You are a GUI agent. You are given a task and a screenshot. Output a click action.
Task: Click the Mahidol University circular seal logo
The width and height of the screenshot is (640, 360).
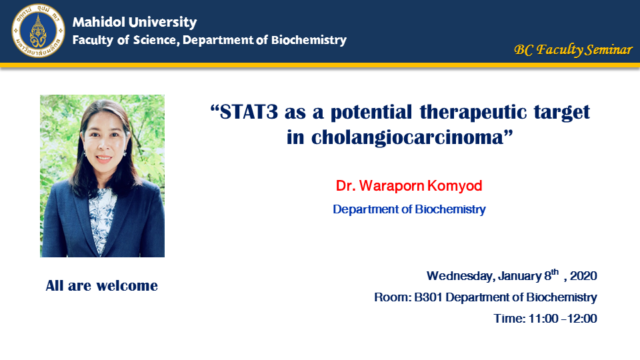38,31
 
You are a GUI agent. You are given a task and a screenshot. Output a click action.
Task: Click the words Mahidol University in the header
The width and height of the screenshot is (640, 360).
135,22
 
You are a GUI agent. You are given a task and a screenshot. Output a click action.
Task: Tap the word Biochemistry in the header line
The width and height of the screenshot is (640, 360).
309,40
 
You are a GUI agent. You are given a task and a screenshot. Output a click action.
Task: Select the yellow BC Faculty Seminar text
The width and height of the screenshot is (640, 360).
573,50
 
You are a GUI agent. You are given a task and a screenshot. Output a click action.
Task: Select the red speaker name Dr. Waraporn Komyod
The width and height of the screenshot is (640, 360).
409,186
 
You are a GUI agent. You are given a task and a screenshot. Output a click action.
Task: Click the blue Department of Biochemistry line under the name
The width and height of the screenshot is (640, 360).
409,209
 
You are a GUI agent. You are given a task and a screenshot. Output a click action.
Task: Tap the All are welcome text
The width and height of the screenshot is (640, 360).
101,286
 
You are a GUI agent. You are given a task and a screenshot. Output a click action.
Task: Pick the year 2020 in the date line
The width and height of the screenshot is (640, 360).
584,276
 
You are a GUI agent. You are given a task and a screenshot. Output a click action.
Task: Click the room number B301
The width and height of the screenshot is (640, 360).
429,297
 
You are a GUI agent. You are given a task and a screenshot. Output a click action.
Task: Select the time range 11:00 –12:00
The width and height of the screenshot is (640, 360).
563,319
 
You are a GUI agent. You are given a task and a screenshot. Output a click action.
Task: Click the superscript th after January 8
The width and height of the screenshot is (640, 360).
555,272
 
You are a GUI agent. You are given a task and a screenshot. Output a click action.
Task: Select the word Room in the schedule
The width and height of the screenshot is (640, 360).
392,297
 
